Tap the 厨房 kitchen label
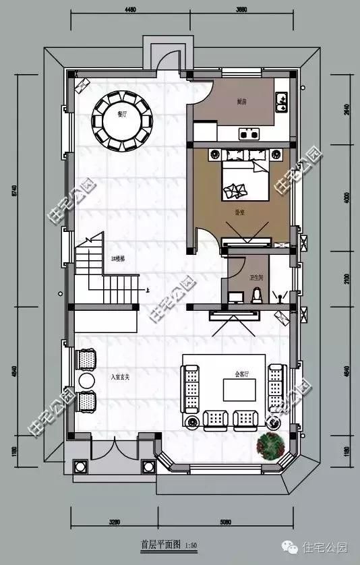[x=241, y=102]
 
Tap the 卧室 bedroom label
[x=240, y=211]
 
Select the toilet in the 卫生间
[x=256, y=294]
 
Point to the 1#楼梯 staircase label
[x=118, y=259]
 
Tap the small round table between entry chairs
[x=87, y=381]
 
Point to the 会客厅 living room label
[x=242, y=372]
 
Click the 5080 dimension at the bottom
[x=226, y=521]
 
